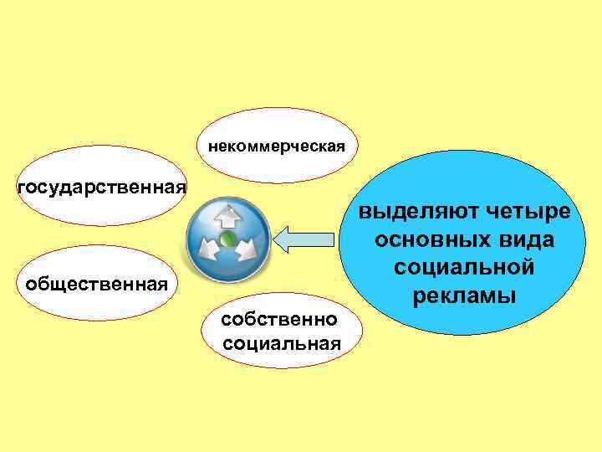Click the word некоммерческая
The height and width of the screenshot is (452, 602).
pyautogui.click(x=276, y=147)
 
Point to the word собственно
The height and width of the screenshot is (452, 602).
pyautogui.click(x=279, y=320)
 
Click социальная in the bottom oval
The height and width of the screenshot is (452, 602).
pyautogui.click(x=283, y=343)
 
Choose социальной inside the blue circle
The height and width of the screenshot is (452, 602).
pyautogui.click(x=464, y=269)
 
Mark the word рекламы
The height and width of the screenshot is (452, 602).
pyautogui.click(x=464, y=296)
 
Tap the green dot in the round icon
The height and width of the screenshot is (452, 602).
pyautogui.click(x=227, y=240)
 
